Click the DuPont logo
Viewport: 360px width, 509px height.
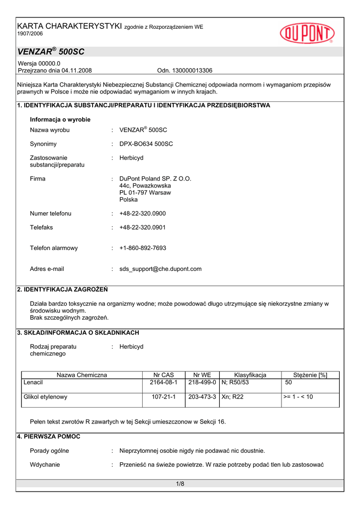point(307,33)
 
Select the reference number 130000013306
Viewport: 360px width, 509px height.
point(192,71)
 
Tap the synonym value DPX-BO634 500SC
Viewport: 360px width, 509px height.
point(146,144)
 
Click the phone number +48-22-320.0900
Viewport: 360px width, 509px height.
point(143,214)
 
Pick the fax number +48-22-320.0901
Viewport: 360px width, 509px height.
point(143,228)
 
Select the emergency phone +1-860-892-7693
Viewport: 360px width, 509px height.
point(143,248)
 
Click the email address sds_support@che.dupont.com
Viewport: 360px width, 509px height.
point(161,269)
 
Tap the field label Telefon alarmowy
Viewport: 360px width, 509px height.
point(54,248)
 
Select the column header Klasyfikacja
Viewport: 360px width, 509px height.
point(250,375)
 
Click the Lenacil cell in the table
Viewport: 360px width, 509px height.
point(33,383)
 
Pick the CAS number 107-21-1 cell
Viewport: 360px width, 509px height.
point(163,397)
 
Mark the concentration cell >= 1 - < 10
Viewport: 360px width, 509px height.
point(298,397)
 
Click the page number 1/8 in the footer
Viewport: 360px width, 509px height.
point(180,484)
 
